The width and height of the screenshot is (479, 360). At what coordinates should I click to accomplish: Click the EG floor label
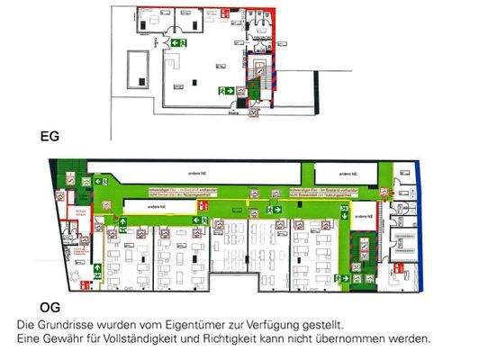(x=50, y=138)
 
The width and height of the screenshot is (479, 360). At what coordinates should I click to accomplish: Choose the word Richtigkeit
(x=223, y=339)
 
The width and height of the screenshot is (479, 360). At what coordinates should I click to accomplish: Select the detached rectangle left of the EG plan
(x=137, y=69)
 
